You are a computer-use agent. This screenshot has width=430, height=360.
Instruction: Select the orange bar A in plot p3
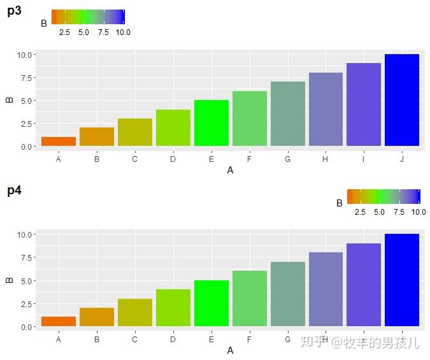(59, 141)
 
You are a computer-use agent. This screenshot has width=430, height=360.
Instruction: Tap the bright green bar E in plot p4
(211, 303)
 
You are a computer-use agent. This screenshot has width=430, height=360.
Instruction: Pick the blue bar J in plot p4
(401, 280)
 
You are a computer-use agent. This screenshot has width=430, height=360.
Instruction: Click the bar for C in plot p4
(135, 312)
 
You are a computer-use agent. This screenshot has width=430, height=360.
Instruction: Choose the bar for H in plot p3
(326, 110)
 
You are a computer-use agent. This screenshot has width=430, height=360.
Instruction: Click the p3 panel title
(15, 11)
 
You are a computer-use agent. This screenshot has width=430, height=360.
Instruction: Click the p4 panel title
(15, 191)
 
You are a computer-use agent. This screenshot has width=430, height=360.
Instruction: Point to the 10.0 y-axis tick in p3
(25, 55)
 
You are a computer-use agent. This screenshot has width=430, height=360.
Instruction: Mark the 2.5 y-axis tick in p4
(25, 304)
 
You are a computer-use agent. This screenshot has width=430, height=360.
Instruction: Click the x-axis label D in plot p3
(173, 159)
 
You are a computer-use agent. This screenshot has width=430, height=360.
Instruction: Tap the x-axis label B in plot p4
(97, 340)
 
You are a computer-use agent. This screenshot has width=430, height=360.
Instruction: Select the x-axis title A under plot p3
(230, 170)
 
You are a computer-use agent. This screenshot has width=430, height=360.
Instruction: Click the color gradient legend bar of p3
(88, 17)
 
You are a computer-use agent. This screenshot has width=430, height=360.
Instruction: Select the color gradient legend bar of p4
(383, 196)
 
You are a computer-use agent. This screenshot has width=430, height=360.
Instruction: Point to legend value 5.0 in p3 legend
(83, 32)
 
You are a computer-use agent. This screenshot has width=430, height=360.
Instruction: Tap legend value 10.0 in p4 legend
(419, 212)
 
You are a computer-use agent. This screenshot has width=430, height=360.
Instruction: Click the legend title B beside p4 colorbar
(340, 203)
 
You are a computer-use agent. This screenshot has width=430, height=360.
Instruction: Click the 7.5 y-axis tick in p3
(25, 78)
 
